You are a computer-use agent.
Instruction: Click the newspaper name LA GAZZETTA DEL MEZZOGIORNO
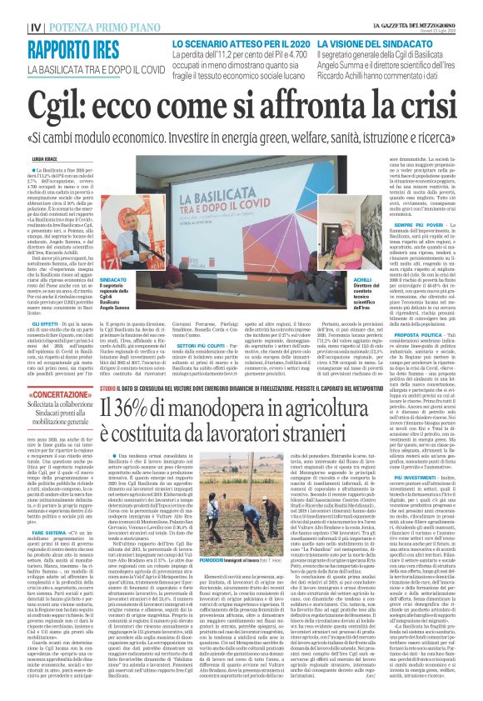[x=429, y=7]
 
